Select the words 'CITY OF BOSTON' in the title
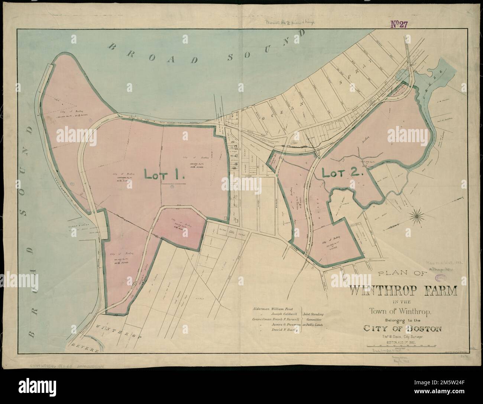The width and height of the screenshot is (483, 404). click(x=402, y=328)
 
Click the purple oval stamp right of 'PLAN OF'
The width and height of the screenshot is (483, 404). click(x=441, y=278)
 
